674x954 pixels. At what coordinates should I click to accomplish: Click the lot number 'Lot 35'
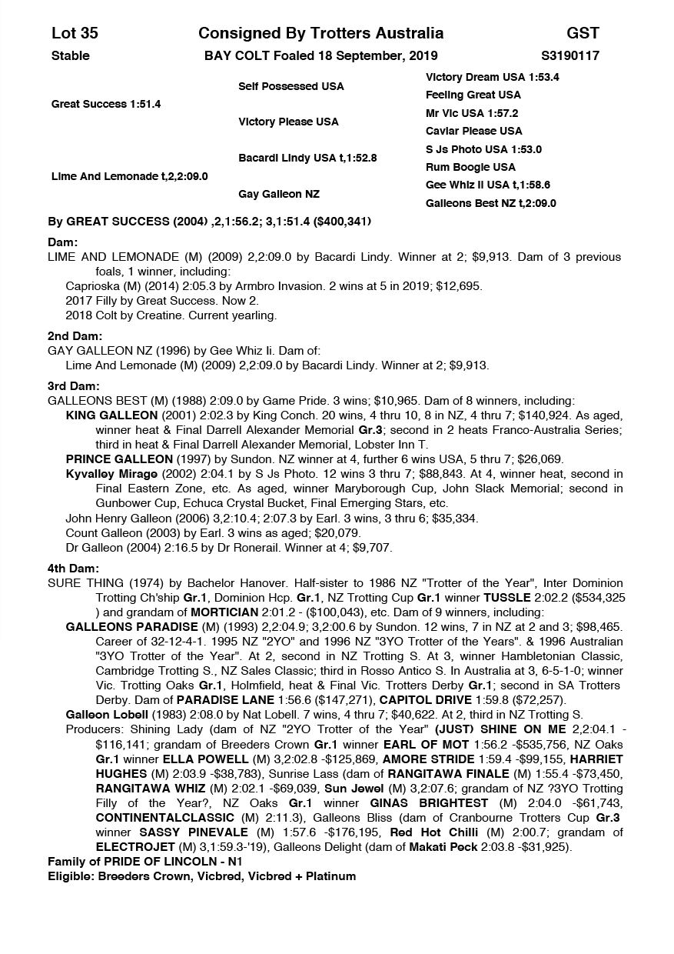(x=75, y=33)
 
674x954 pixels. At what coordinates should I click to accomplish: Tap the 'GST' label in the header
(x=583, y=33)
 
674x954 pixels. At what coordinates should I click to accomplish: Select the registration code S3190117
(x=570, y=55)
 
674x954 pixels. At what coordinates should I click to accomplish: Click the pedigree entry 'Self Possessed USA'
(x=291, y=86)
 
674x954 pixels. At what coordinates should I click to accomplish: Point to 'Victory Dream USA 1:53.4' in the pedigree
(x=492, y=77)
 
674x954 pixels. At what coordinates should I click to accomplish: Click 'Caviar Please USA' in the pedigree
(x=473, y=131)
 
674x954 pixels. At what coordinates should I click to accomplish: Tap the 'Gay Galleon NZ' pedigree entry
(x=279, y=194)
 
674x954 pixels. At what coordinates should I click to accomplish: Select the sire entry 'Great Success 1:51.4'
(x=106, y=104)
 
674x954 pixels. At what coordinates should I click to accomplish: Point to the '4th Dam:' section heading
(x=74, y=569)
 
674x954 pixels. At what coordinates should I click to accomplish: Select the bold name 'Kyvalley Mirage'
(x=111, y=473)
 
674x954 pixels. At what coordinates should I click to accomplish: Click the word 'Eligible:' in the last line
(x=71, y=876)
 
